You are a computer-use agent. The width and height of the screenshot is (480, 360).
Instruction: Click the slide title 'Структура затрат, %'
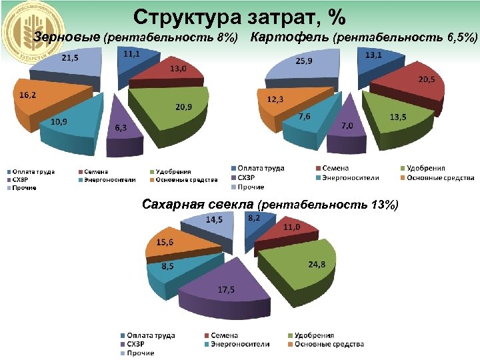point(239,15)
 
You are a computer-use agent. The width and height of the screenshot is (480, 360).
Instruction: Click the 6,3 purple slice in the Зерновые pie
point(123,127)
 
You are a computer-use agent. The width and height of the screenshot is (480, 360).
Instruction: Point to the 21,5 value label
point(69,59)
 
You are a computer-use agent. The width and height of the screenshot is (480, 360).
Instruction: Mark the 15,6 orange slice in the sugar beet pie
point(170,247)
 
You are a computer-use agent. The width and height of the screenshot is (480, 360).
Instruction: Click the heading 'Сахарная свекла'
point(198,203)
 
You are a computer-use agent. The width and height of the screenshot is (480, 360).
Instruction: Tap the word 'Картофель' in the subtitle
point(288,37)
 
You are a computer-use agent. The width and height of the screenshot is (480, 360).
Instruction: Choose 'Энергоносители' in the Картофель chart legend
point(350,178)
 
